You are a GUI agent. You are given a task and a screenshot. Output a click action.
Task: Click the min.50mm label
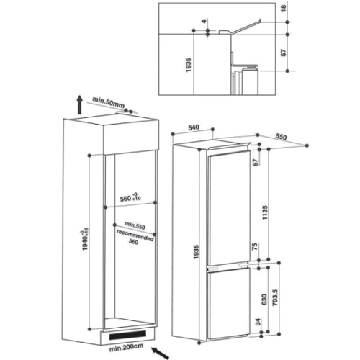[x=109, y=102]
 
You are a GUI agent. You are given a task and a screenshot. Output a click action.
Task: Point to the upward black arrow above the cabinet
[x=80, y=104]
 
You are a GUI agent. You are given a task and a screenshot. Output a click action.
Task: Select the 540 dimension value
[x=194, y=127]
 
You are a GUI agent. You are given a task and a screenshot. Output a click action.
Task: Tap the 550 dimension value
[x=281, y=137]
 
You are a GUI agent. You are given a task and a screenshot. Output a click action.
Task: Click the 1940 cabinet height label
[x=85, y=239]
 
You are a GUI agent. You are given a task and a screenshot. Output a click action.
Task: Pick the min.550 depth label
[x=135, y=225]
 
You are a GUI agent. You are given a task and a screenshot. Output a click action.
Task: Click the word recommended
[x=135, y=235]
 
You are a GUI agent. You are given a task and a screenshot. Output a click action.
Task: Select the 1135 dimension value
[x=265, y=213]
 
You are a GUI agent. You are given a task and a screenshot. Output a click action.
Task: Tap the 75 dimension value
[x=255, y=246]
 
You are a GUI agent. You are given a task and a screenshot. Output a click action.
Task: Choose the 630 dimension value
[x=264, y=300]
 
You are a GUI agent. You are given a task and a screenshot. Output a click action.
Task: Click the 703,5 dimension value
[x=275, y=297]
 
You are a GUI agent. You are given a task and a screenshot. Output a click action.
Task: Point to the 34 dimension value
[x=258, y=322]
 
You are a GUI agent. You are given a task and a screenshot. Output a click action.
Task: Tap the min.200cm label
[x=126, y=347]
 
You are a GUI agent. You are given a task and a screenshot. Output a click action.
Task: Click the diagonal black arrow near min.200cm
[x=160, y=353]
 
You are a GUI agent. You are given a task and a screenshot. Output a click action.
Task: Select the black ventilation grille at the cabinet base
[x=127, y=335]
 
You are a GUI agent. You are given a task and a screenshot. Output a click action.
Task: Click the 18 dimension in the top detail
[x=284, y=9]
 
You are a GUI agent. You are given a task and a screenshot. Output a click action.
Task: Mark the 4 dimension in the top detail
[x=204, y=22]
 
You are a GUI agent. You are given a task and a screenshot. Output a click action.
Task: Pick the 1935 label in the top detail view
[x=189, y=65]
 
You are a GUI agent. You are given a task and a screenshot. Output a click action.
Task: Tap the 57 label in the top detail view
[x=284, y=53]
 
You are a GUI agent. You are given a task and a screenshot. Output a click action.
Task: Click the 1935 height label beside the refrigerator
[x=197, y=252]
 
